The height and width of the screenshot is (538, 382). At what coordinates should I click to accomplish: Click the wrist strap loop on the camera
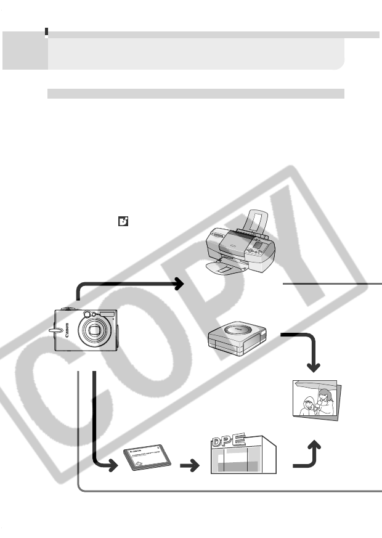pyautogui.click(x=56, y=333)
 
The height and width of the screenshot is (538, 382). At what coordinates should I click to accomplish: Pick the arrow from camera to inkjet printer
pyautogui.click(x=129, y=284)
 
